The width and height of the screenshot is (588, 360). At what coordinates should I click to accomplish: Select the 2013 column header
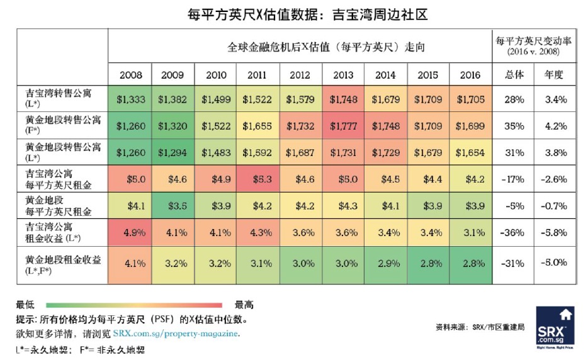[343, 75]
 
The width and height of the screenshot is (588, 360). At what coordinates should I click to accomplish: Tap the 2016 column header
[470, 75]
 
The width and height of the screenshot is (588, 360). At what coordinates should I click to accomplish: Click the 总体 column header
[514, 75]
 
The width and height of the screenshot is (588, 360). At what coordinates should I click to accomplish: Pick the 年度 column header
[557, 75]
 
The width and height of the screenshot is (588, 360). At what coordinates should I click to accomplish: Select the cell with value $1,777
[343, 126]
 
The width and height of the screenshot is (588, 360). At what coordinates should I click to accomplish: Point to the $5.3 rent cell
[258, 179]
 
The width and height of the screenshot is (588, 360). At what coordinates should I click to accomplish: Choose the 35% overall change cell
[514, 126]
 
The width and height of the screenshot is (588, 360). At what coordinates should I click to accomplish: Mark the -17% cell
[514, 179]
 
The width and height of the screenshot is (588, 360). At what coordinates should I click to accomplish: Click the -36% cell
[514, 232]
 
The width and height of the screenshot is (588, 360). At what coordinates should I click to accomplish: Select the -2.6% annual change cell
[557, 179]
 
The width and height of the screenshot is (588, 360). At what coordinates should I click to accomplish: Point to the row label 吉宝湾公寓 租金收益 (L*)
[54, 232]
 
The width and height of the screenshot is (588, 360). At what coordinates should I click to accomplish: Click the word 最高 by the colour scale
[244, 305]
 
